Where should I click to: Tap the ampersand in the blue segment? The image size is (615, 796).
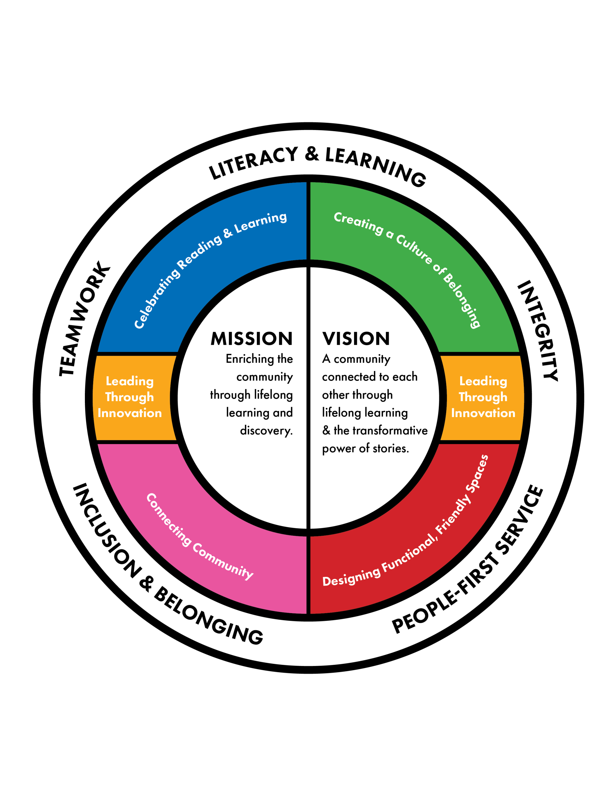[x=228, y=233]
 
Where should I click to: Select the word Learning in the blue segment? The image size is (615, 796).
[x=260, y=223]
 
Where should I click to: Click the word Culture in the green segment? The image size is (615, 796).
[x=414, y=250]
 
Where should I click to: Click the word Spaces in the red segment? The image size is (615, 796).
[x=478, y=473]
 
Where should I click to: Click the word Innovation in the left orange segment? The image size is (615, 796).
[x=130, y=413]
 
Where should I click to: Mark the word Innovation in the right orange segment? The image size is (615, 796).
[x=483, y=413]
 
